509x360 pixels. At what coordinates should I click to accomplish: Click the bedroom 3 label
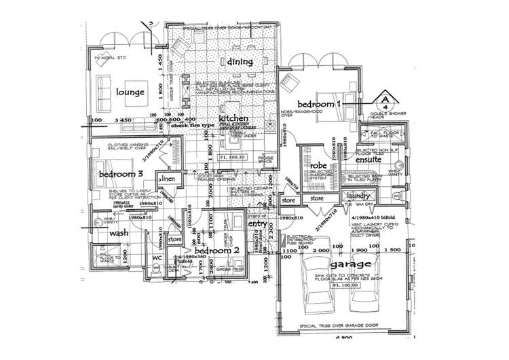pos(121,174)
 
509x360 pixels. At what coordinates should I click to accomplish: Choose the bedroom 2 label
pos(216,250)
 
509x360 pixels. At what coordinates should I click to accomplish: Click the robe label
pos(319,165)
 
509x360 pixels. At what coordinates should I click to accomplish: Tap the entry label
pos(258,224)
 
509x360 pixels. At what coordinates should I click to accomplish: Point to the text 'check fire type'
pos(193,126)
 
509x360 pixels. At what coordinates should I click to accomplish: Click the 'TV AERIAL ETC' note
pos(110,59)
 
